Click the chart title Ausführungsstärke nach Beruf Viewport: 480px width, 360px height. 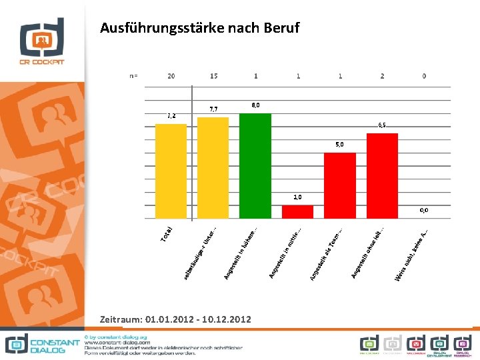point(199,28)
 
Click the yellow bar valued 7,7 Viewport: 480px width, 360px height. point(213,168)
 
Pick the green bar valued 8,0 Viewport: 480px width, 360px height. point(255,166)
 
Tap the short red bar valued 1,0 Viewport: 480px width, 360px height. point(297,211)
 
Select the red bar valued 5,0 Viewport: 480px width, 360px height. point(339,185)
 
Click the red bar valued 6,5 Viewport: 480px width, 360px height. point(382,176)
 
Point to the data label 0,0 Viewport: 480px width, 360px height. point(424,210)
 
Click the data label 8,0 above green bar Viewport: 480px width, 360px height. point(255,105)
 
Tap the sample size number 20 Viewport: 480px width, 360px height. point(171,76)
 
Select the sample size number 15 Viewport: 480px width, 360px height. point(213,76)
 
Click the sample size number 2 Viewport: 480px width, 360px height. point(382,76)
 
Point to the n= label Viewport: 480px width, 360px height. point(133,76)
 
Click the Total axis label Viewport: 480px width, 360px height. point(167,233)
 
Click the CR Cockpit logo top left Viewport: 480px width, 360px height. point(42,42)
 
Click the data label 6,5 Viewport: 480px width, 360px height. point(382,125)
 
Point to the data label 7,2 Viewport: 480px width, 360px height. point(171,116)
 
